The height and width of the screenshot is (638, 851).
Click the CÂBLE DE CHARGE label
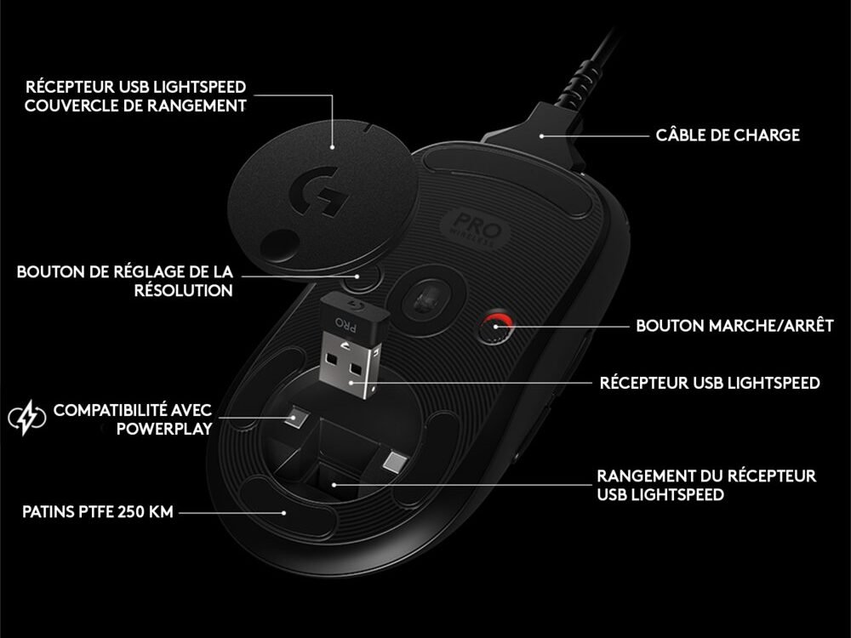[x=728, y=135]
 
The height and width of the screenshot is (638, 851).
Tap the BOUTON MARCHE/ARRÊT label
[x=734, y=326]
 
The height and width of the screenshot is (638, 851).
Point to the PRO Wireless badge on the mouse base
[x=476, y=230]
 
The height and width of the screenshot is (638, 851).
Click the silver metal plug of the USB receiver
[x=348, y=365]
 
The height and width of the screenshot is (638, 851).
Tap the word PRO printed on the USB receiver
[x=346, y=324]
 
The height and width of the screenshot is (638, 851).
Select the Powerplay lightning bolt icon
[x=27, y=418]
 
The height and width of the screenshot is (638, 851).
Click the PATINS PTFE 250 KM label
[x=98, y=511]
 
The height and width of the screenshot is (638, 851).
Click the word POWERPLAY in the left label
[x=164, y=429]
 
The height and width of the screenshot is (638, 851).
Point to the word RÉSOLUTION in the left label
[x=184, y=290]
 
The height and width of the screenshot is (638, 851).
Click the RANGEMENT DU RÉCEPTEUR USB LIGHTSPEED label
[x=706, y=485]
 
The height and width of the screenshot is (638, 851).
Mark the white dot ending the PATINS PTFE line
[x=284, y=512]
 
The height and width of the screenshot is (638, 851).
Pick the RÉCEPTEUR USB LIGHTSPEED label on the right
[x=710, y=383]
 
